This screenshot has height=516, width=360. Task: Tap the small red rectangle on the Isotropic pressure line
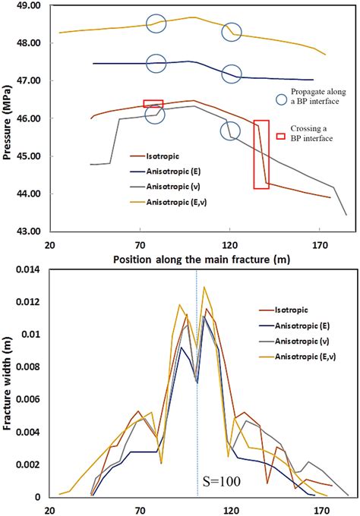coord(153,104)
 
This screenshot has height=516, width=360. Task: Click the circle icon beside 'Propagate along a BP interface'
coord(282,99)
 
